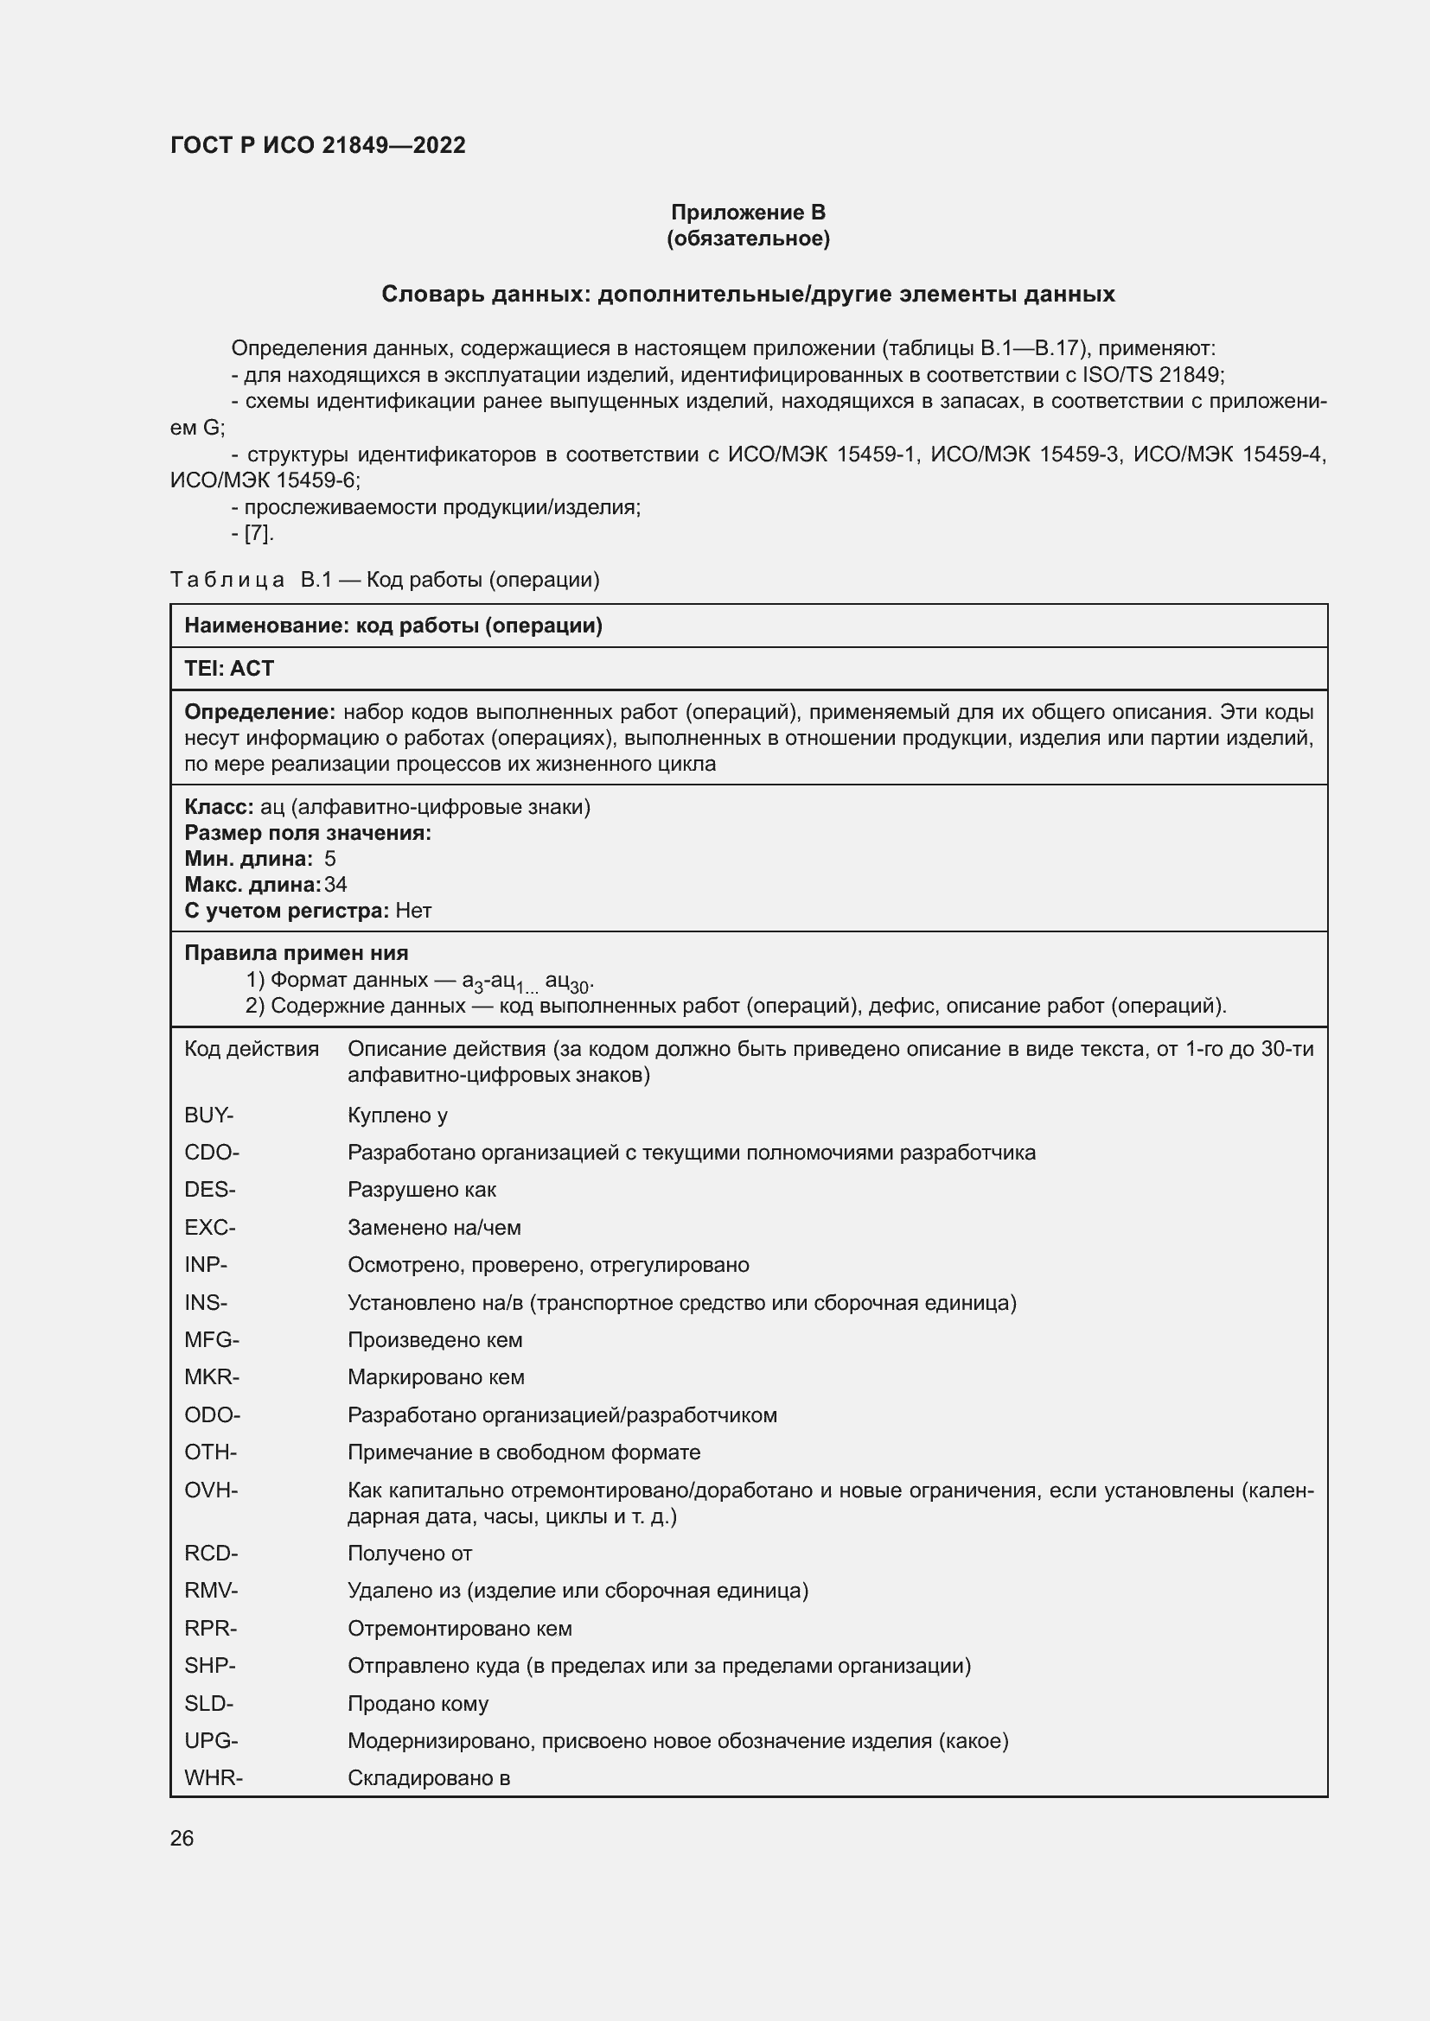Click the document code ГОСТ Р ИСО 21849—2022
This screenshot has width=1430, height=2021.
317,146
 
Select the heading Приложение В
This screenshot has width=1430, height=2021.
748,213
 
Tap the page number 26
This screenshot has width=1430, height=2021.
182,1838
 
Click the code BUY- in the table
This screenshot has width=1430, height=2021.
208,1115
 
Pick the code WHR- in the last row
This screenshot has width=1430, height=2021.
213,1777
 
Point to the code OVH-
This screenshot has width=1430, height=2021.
210,1490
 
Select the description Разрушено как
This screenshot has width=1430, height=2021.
422,1190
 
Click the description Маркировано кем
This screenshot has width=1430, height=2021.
436,1376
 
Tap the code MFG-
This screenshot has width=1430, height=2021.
211,1340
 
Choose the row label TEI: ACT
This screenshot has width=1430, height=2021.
229,669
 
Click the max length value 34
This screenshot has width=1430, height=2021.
335,885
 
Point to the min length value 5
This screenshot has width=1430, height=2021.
329,859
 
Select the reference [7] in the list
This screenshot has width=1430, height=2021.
258,533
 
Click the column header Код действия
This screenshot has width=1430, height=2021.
251,1048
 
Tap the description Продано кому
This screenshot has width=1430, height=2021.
418,1703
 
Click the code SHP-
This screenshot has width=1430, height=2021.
209,1665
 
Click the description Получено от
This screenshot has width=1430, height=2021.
410,1554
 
